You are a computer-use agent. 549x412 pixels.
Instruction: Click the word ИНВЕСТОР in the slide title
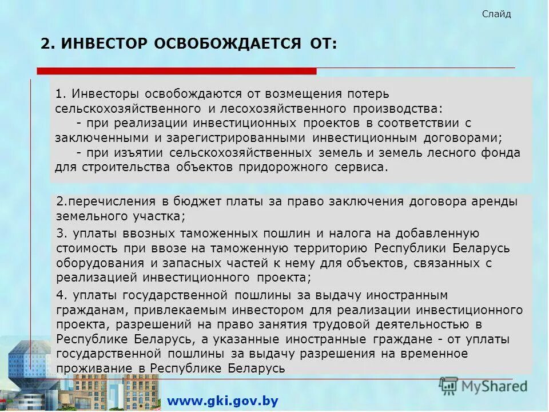[105, 44]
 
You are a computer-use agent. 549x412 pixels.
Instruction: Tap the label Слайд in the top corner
[496, 14]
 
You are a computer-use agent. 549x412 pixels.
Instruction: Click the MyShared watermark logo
[483, 386]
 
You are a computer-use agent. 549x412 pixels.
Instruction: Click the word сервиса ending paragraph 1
[361, 168]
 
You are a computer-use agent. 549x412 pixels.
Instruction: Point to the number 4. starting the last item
[62, 295]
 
